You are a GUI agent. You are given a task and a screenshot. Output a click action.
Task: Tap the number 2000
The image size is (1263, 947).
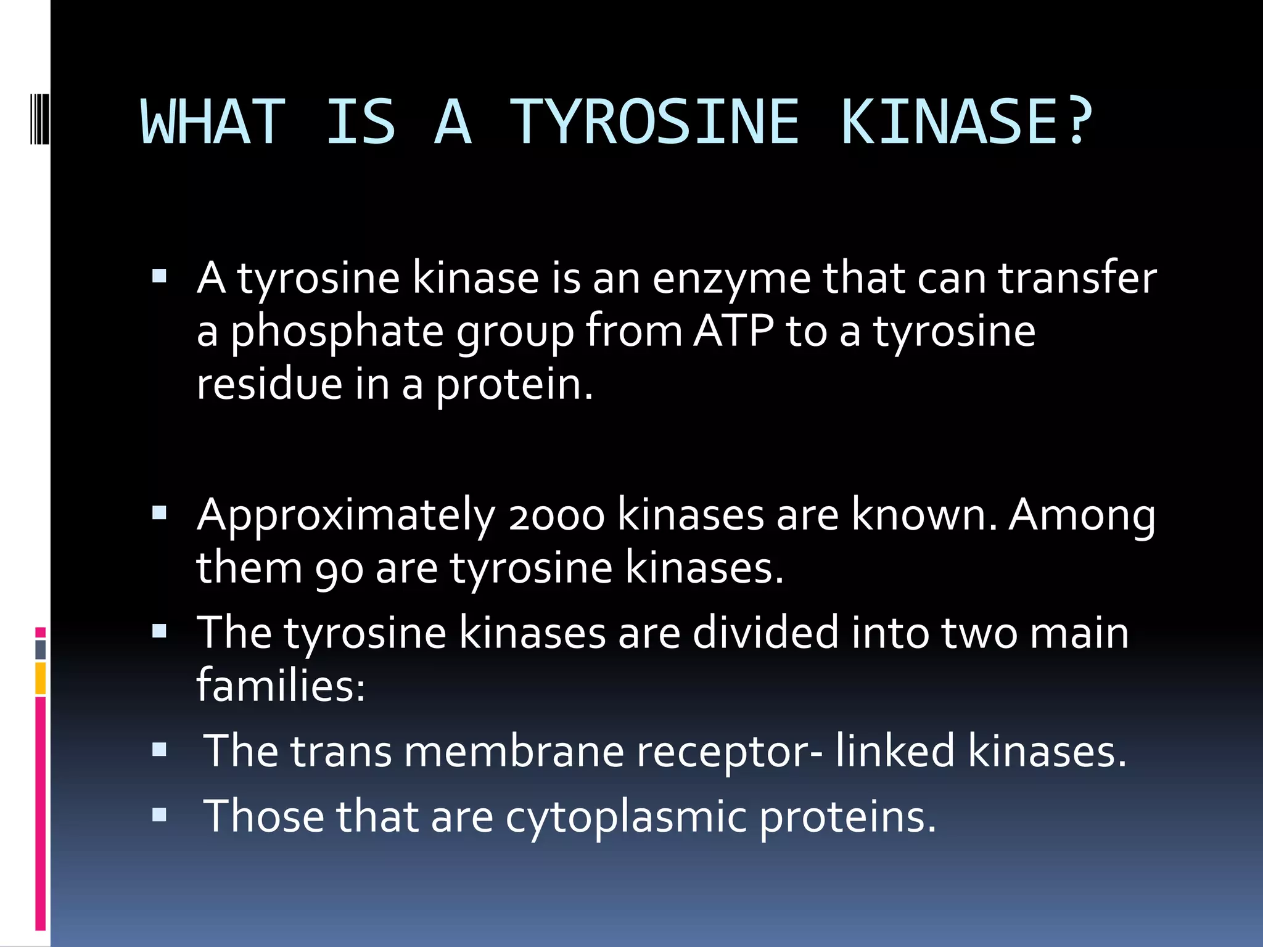(x=556, y=515)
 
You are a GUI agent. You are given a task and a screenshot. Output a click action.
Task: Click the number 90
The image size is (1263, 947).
(x=339, y=568)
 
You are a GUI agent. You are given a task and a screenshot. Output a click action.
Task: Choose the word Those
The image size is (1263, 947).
(x=263, y=816)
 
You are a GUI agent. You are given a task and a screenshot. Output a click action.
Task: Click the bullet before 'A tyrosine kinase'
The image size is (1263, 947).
(x=159, y=276)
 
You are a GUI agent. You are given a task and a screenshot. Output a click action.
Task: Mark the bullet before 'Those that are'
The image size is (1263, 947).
(x=159, y=815)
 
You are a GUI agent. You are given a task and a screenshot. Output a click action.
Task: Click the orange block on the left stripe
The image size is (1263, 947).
(x=41, y=678)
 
